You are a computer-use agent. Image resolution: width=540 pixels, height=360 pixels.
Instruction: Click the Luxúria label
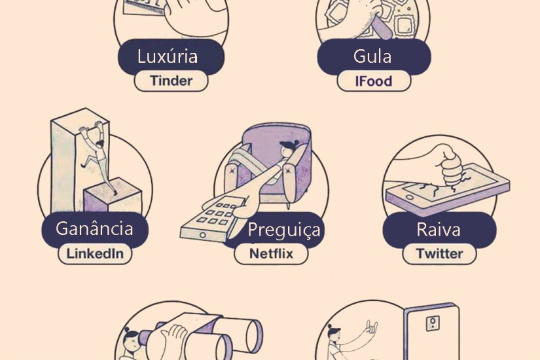168,56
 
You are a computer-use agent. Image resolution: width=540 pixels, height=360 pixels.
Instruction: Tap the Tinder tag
171,81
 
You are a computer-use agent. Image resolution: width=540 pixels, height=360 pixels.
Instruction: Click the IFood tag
374,81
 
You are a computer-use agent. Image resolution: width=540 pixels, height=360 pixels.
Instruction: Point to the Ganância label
95,229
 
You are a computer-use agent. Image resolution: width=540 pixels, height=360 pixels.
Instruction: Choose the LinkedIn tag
95,254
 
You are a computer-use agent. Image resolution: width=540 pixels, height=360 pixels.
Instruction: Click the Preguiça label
285,230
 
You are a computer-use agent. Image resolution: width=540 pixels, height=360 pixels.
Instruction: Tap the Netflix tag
271,254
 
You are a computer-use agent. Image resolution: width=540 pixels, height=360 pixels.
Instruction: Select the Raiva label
439,230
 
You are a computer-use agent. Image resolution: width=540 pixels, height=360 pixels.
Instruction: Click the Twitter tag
440,254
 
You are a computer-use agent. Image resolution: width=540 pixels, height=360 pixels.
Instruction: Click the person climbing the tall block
98,155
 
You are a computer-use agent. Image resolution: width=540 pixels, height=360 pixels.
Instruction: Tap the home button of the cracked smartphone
409,198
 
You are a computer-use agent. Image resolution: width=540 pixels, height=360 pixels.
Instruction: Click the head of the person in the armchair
287,148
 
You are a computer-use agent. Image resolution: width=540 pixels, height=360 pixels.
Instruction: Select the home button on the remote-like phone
202,235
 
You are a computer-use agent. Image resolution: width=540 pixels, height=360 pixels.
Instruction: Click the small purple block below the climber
113,196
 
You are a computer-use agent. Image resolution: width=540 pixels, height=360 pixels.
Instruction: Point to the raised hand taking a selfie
372,328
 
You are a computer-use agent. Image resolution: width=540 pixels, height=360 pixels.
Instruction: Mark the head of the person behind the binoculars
131,339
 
